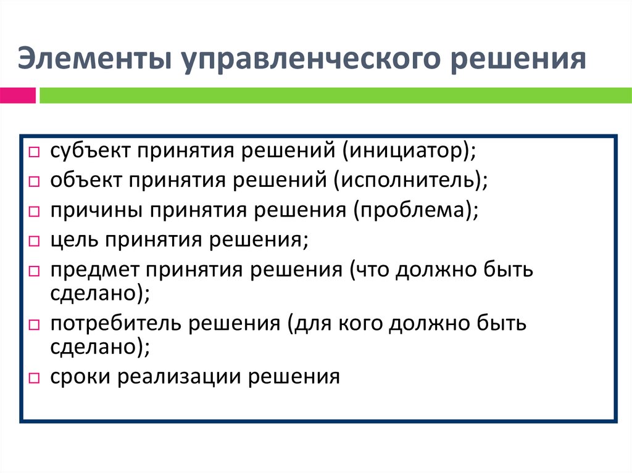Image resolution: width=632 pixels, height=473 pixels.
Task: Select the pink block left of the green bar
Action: (18, 96)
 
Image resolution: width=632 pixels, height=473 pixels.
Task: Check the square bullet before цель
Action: (35, 241)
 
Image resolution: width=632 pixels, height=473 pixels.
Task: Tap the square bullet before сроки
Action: (35, 377)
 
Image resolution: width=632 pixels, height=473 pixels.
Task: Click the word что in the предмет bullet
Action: (371, 269)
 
